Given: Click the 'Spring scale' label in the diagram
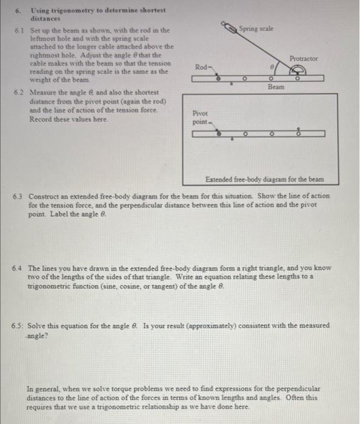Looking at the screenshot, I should (x=256, y=28).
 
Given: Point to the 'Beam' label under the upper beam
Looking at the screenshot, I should (x=275, y=87).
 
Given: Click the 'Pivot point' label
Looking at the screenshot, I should (x=200, y=117).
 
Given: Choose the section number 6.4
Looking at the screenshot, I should (x=18, y=267).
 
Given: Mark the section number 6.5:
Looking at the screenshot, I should (x=19, y=325).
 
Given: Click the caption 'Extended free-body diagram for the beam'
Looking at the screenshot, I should (x=264, y=179).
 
